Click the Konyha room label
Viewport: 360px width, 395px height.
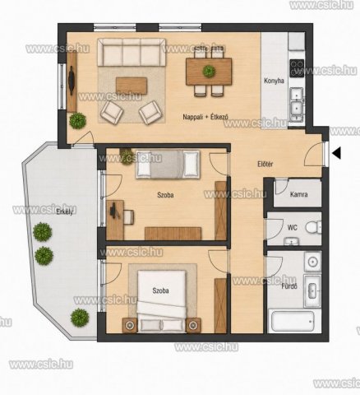[x=274, y=81]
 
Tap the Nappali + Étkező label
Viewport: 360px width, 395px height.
[x=205, y=117]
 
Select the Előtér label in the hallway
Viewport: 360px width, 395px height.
[x=265, y=165]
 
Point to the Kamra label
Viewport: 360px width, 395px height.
[x=298, y=194]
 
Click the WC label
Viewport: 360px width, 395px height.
[x=292, y=228]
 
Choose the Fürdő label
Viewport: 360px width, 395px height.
[x=289, y=286]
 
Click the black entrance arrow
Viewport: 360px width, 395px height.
[x=336, y=153]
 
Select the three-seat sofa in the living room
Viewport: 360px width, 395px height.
[x=132, y=52]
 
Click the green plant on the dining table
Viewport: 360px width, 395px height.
[x=209, y=71]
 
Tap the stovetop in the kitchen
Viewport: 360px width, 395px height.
[x=297, y=68]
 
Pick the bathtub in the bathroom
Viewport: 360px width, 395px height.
[x=293, y=321]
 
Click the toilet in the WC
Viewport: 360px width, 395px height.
[x=313, y=227]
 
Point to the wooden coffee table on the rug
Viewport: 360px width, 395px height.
[x=132, y=86]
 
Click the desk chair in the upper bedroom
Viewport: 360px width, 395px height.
[x=128, y=216]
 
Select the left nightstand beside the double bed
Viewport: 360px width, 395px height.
[x=130, y=325]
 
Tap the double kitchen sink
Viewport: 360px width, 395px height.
[x=297, y=105]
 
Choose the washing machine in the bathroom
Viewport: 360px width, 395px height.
[x=312, y=262]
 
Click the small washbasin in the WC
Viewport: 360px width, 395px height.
[x=291, y=242]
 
